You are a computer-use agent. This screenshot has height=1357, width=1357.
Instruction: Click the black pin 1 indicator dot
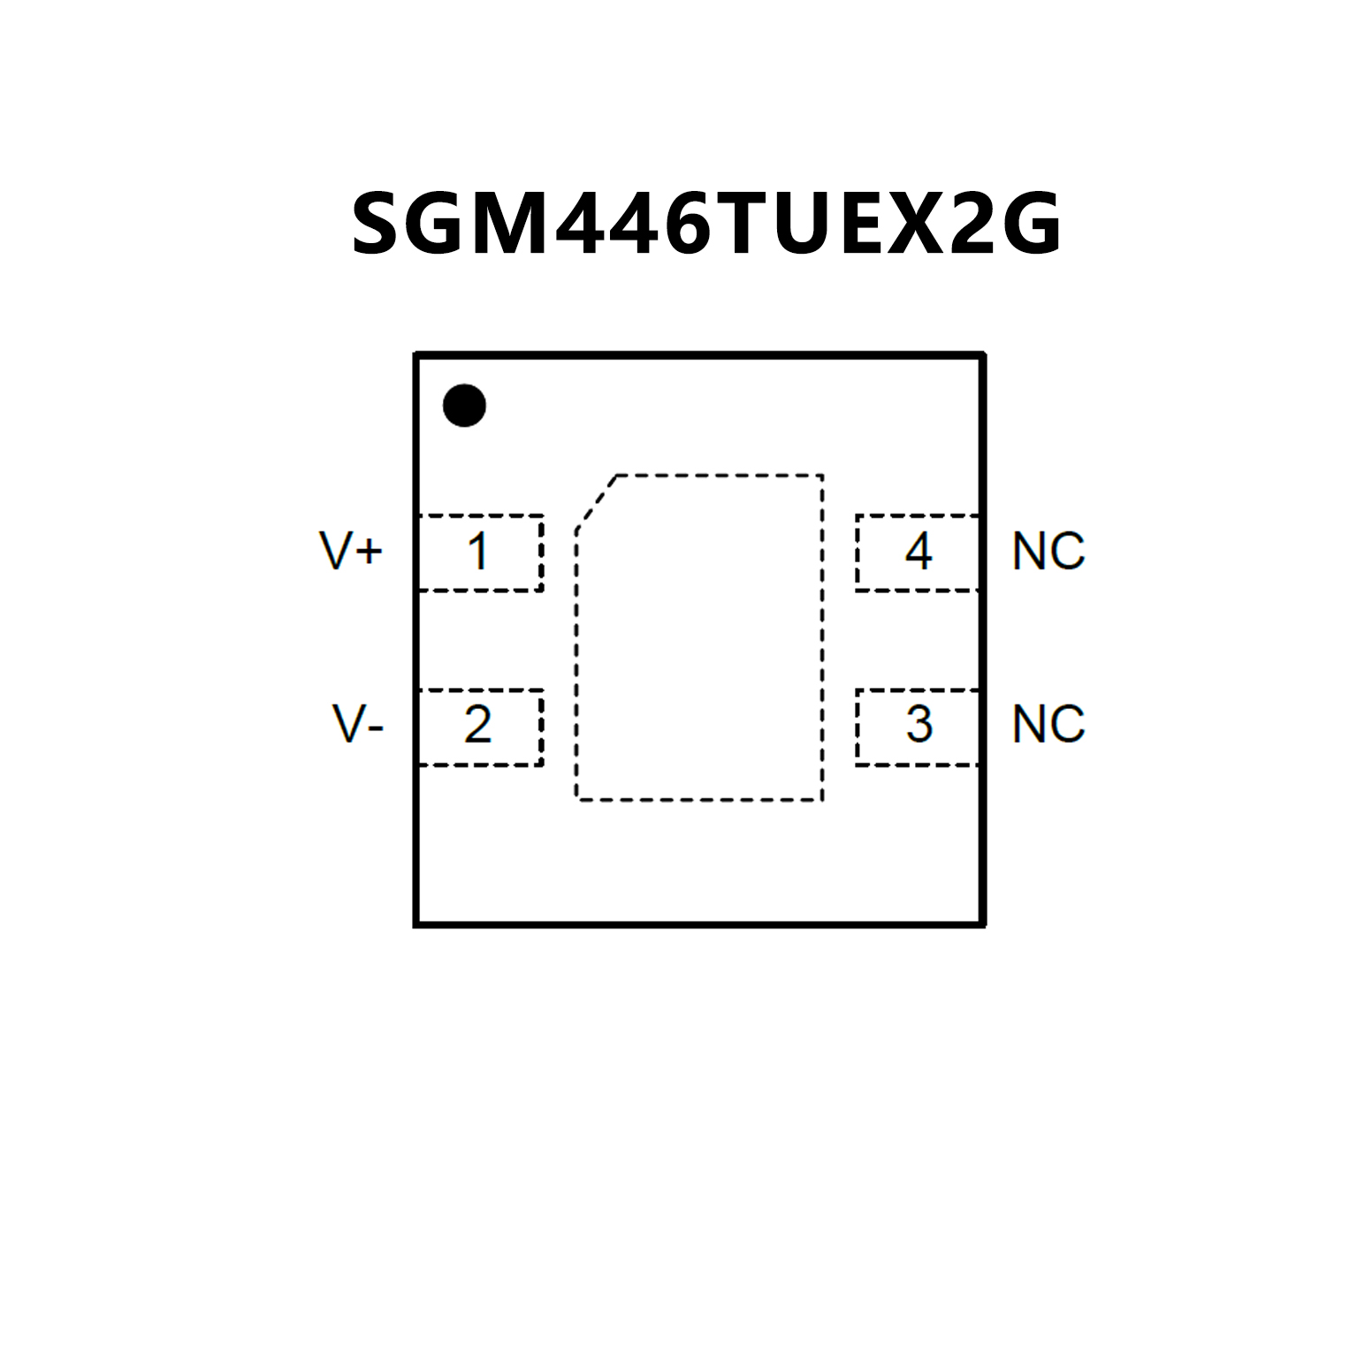464,406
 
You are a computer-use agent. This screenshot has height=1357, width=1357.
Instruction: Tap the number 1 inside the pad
478,551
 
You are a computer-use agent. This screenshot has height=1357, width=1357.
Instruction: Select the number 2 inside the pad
477,724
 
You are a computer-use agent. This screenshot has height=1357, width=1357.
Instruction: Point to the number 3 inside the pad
919,724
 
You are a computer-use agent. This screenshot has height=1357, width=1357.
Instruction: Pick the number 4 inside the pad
919,551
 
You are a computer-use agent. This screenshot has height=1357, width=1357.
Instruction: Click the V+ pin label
351,551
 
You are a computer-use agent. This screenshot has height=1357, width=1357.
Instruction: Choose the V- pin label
357,724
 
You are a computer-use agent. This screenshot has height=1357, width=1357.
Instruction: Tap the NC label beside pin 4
1048,551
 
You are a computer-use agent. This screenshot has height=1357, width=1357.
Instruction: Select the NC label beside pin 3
1048,724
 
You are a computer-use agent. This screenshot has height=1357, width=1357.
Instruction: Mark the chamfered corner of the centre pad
597,502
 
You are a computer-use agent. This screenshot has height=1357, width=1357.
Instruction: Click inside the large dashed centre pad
699,637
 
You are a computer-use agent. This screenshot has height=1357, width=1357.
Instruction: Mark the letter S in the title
380,225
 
